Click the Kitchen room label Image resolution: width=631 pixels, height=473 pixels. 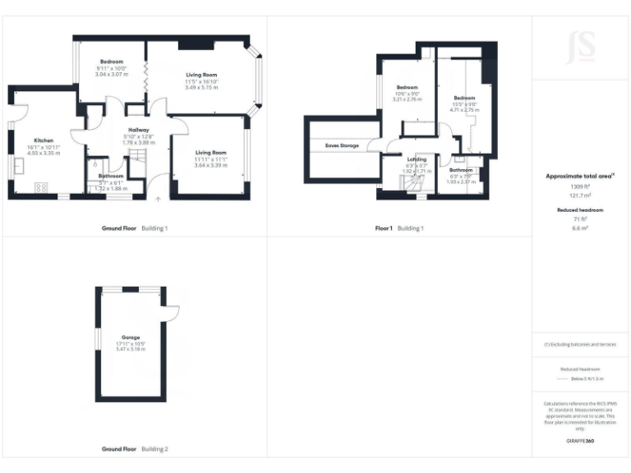pos(43,140)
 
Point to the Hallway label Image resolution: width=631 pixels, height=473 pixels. pos(137,130)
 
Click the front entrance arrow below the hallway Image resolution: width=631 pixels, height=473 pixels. pos(158,199)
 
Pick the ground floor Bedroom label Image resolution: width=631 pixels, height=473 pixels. pos(112,62)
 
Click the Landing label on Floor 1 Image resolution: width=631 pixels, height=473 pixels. pos(417,159)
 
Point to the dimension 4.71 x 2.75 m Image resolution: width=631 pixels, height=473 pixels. pos(463,109)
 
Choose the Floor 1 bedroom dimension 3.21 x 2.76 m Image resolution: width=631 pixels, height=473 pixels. pos(408,99)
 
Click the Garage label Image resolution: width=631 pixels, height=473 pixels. pos(131,337)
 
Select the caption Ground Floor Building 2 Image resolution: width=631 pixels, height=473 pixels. pos(135,449)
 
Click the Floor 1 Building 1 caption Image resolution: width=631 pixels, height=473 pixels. pos(399,227)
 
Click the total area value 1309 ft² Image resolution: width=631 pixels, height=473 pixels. pos(580,187)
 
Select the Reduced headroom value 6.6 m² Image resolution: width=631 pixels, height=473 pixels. pos(580,228)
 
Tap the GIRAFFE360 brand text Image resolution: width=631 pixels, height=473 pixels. pos(580,441)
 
